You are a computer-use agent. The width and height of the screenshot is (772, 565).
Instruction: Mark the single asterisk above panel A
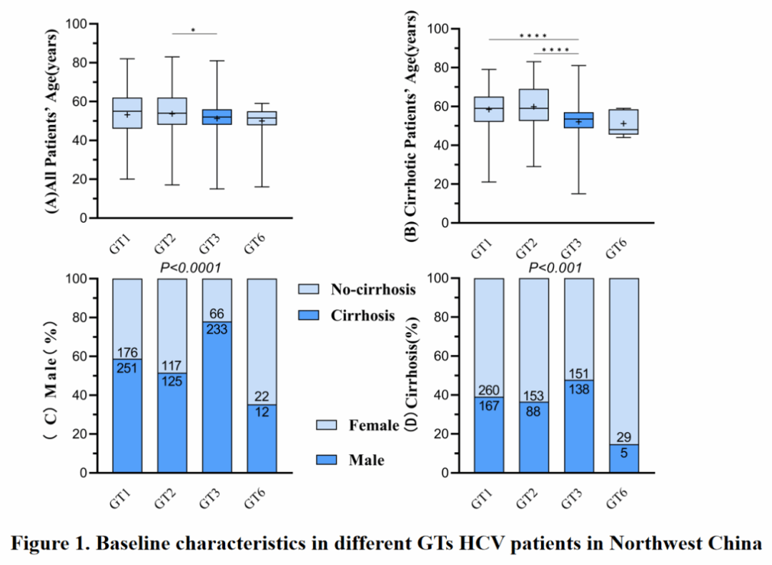[193, 31]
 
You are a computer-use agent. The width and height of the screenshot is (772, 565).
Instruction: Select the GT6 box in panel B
[623, 121]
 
